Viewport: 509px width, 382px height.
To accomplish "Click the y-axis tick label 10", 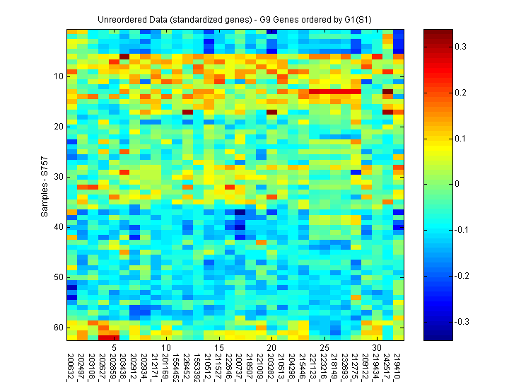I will [x=59, y=76].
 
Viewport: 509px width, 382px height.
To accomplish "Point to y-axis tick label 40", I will [x=59, y=227].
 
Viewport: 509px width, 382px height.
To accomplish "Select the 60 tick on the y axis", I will [x=59, y=328].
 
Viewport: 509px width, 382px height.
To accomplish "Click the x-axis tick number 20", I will [x=271, y=349].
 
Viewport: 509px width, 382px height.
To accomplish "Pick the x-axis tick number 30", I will [x=377, y=349].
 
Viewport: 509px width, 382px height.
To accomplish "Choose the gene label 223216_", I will [x=324, y=366].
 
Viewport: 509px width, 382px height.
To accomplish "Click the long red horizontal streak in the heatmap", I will [x=335, y=91].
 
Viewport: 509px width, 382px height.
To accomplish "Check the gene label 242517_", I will [x=388, y=366].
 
